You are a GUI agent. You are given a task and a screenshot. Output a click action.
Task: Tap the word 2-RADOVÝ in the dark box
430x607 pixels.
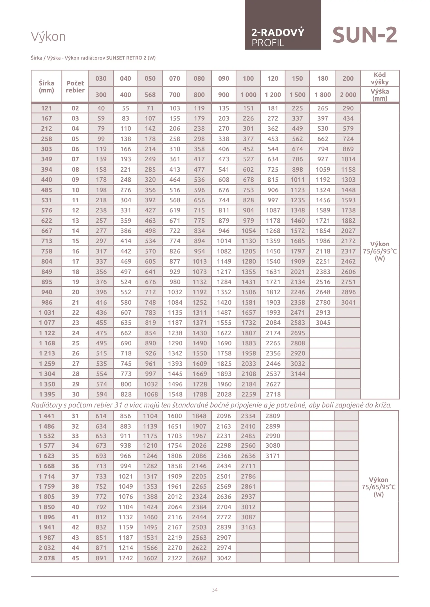coord(278,33)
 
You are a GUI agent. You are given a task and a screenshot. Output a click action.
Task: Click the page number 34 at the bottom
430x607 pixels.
coord(215,590)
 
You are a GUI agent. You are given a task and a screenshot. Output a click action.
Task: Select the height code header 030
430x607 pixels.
coord(101,78)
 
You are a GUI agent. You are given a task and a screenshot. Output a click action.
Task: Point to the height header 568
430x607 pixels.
coord(150,95)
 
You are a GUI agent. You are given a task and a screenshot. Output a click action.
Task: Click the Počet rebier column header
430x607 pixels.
coord(75,87)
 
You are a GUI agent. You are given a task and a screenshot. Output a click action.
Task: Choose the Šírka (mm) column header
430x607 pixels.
coord(46,87)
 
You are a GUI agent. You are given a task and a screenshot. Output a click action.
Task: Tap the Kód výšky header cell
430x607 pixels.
coord(379,78)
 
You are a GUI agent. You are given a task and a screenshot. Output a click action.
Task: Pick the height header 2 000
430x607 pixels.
coord(348,95)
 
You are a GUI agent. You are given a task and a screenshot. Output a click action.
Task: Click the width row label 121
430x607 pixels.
coord(46,108)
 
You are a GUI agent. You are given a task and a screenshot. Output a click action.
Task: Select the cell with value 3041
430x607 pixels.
coord(348,302)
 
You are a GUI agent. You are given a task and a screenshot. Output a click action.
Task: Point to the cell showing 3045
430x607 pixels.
coord(323,323)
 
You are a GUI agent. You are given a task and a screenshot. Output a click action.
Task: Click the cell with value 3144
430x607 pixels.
coord(298,374)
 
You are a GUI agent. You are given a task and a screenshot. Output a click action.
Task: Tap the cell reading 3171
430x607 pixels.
coord(273,456)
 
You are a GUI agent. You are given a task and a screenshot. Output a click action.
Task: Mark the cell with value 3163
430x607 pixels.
coord(248,527)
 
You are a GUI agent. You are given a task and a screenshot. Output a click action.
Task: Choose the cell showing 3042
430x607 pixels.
coord(224,558)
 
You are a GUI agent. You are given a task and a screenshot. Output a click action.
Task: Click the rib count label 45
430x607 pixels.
coord(75,558)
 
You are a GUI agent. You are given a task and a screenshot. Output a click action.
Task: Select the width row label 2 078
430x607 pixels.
coord(47,558)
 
